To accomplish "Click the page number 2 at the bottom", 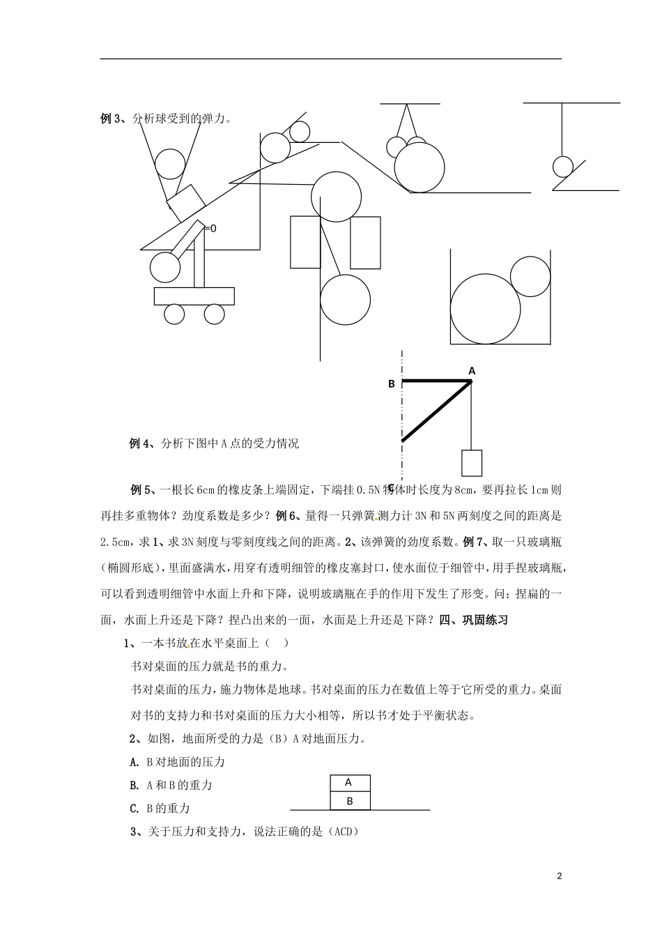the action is pyautogui.click(x=560, y=876).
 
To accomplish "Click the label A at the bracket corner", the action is pyautogui.click(x=472, y=371).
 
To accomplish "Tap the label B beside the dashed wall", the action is pyautogui.click(x=392, y=383).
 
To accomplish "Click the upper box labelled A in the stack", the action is pyautogui.click(x=349, y=783).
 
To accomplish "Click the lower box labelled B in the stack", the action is pyautogui.click(x=349, y=801).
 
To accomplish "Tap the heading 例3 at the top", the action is pyautogui.click(x=111, y=119).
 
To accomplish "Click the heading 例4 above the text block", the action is pyautogui.click(x=141, y=443).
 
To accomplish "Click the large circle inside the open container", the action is pyautogui.click(x=485, y=310).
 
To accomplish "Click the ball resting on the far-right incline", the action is pyautogui.click(x=562, y=167).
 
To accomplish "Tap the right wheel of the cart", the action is pyautogui.click(x=215, y=314).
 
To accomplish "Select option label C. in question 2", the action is pyautogui.click(x=136, y=809).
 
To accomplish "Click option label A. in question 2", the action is pyautogui.click(x=136, y=762).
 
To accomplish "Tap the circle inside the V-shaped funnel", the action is pyautogui.click(x=169, y=164).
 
